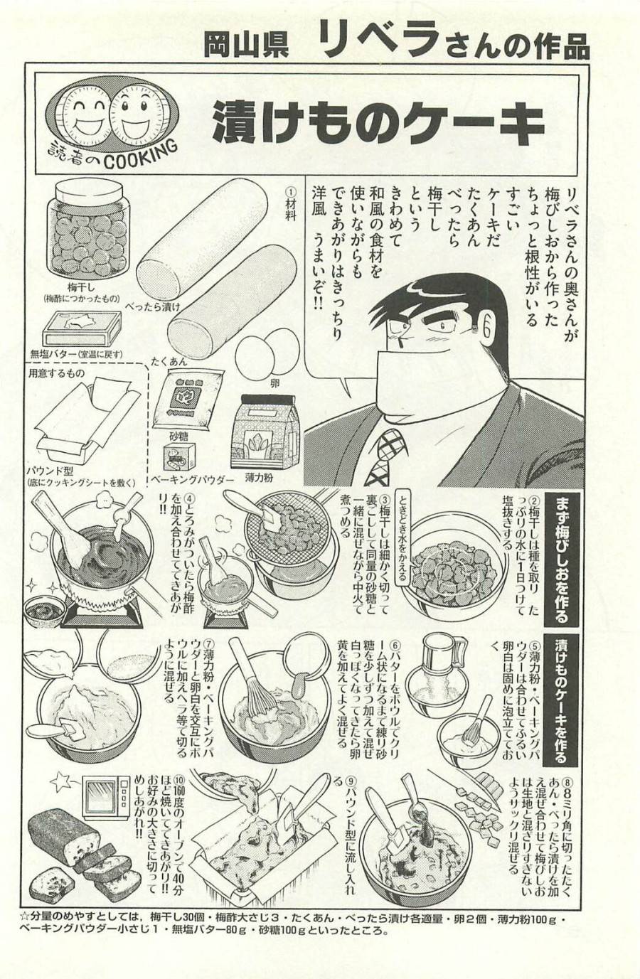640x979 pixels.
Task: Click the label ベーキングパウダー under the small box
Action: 192,481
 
